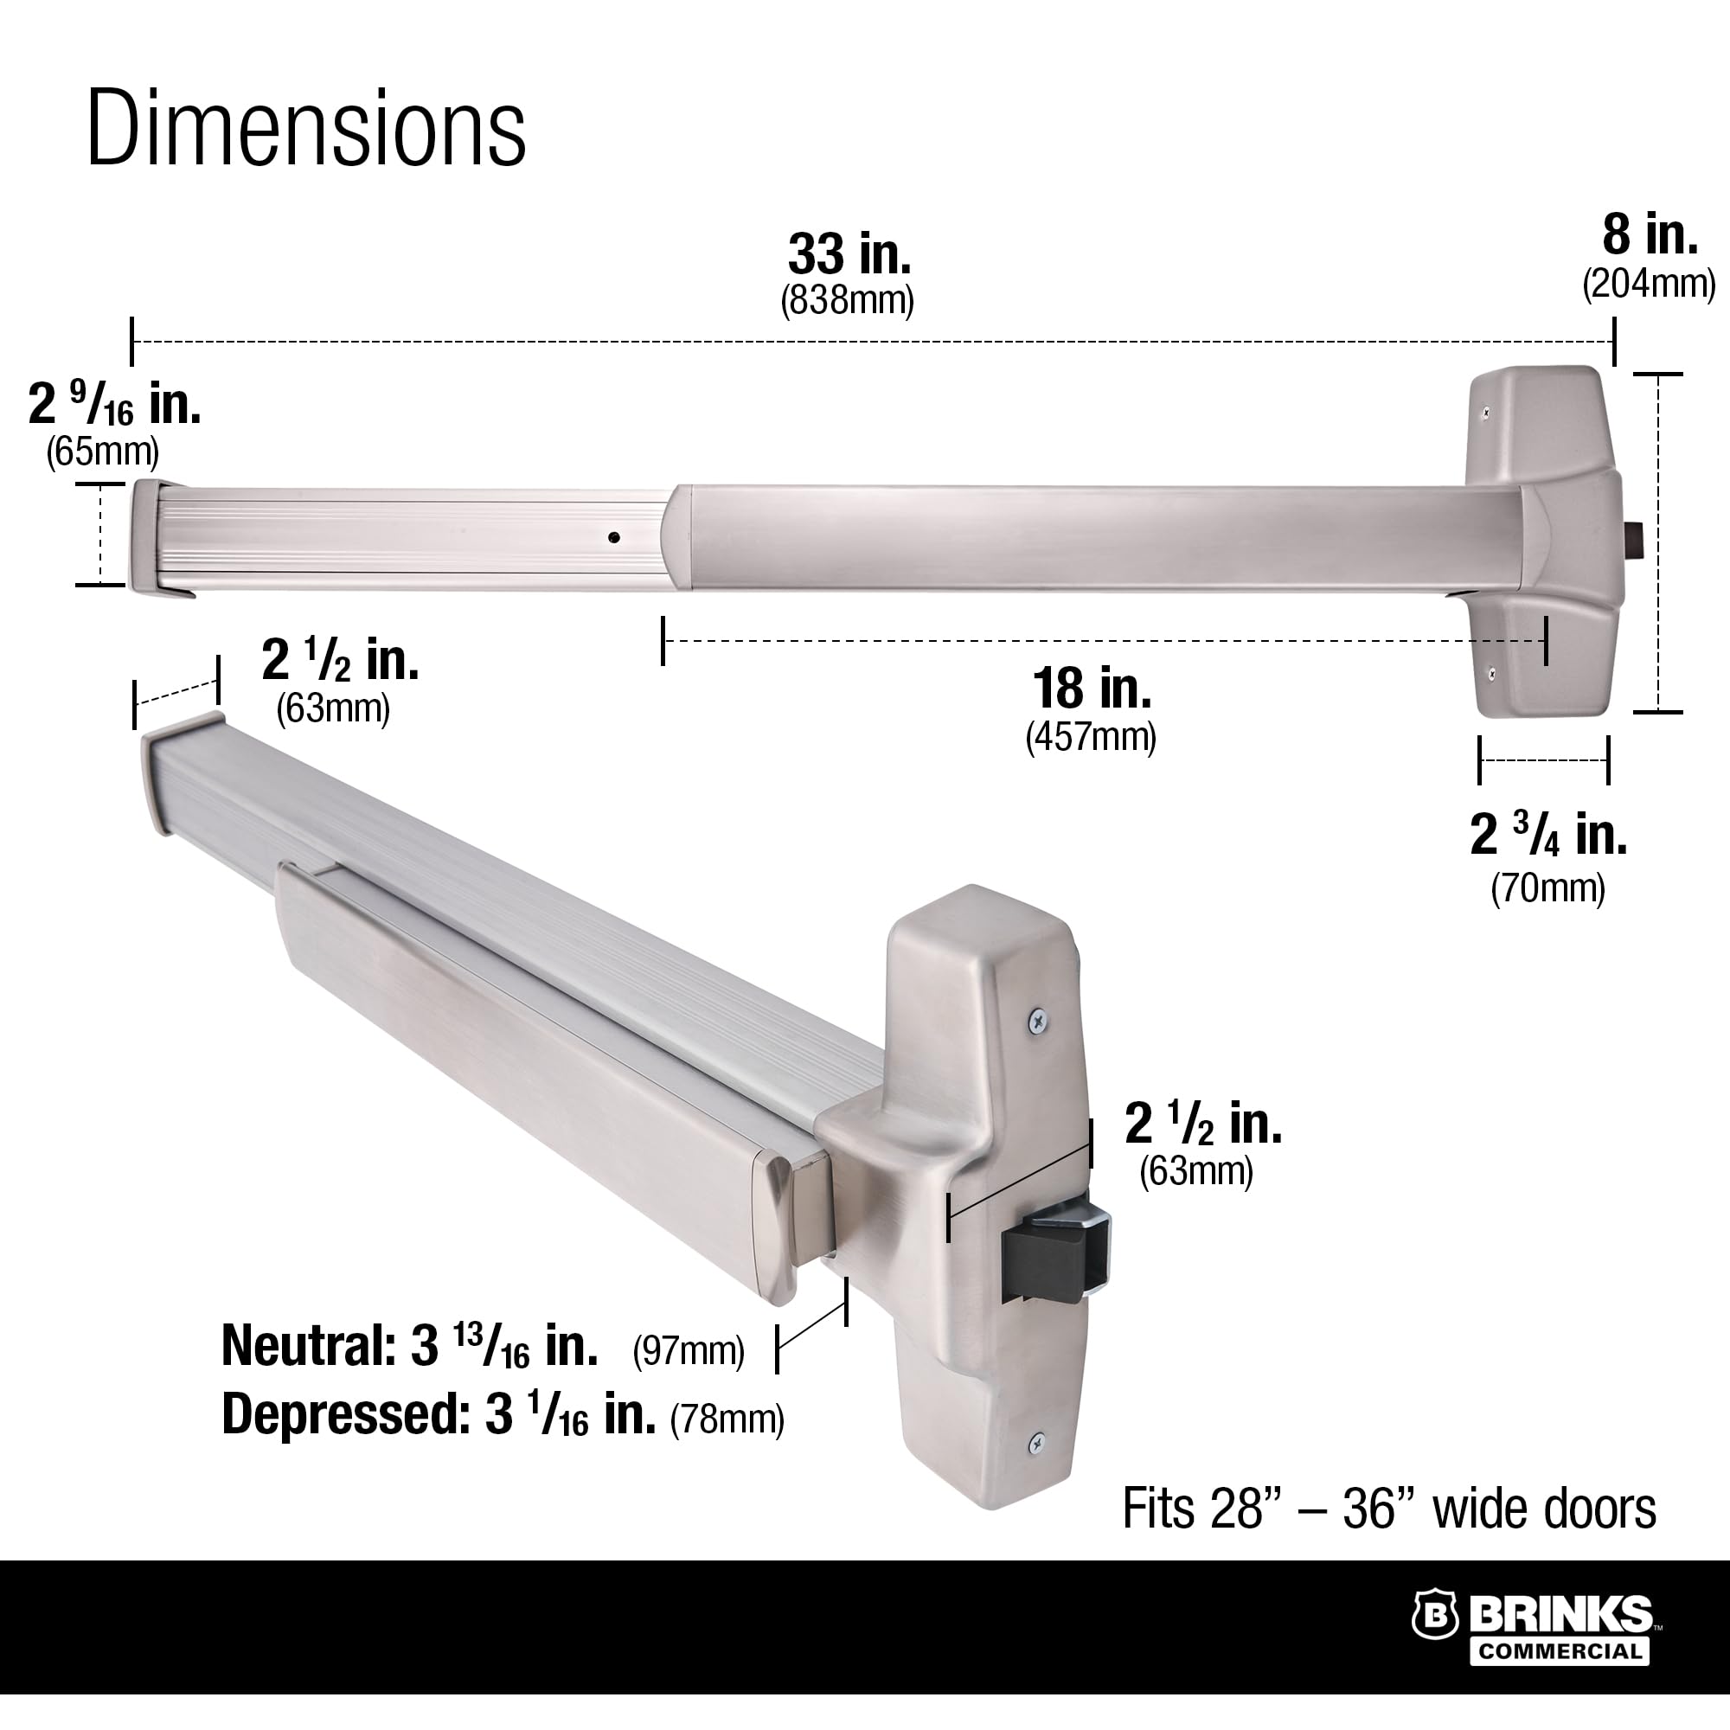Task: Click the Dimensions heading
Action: point(305,128)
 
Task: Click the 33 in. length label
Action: point(849,254)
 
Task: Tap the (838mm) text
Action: point(847,301)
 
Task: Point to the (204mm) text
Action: point(1649,284)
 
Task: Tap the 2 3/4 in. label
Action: point(1548,835)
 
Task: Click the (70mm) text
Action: point(1547,887)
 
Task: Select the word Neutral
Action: point(303,1346)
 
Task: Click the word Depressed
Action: point(339,1415)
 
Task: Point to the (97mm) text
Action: point(688,1350)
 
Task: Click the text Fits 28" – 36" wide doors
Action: point(1389,1509)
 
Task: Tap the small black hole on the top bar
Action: point(613,538)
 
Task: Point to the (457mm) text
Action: point(1091,737)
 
